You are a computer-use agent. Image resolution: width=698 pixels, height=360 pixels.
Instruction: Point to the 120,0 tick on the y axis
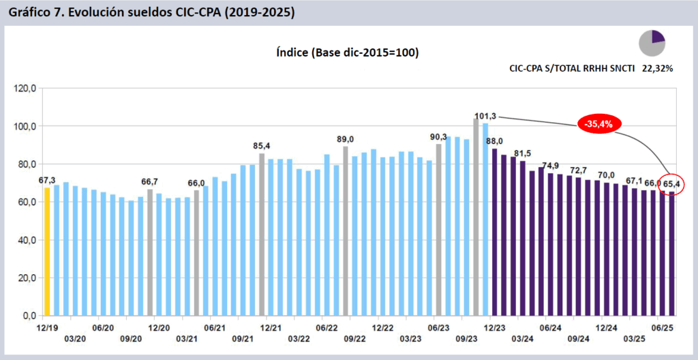pos(27,89)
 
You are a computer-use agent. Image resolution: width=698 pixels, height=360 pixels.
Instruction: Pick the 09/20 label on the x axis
pos(131,339)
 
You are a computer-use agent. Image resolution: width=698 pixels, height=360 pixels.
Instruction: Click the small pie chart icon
pos(652,43)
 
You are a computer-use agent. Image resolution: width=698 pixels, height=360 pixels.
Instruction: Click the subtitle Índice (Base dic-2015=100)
pos(347,52)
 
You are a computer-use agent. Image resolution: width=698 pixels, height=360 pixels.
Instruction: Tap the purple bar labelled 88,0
pos(494,232)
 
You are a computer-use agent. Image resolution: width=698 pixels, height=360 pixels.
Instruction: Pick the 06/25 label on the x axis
pos(665,328)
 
